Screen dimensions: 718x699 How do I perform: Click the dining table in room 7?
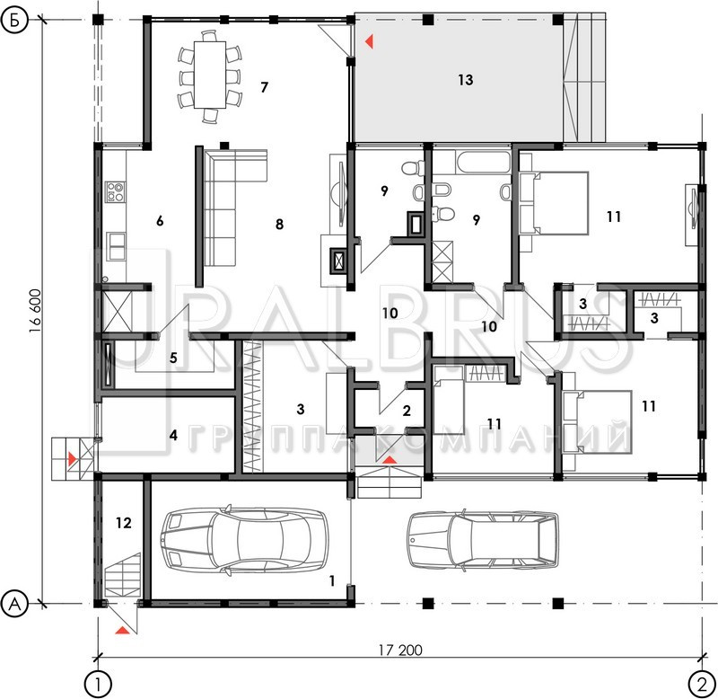coord(210,75)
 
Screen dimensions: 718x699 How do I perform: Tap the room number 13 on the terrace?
coord(465,80)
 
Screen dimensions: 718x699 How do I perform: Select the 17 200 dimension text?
coord(400,650)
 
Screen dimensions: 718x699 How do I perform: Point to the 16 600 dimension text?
coord(35,311)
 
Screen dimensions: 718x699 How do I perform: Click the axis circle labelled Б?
coord(15,21)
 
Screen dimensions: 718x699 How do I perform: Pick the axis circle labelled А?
coord(15,603)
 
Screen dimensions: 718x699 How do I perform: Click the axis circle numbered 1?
coord(98,686)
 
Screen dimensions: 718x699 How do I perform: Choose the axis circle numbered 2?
coord(702,686)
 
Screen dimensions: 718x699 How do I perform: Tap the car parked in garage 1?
coord(244,539)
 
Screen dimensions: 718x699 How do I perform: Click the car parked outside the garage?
coord(483,541)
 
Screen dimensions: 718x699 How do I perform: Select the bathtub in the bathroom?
coord(483,162)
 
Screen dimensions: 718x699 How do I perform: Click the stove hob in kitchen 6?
coord(115,191)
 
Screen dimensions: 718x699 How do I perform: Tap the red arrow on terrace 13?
coord(369,41)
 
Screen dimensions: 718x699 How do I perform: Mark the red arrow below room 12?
coord(122,630)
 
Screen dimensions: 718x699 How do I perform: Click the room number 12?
coord(123,523)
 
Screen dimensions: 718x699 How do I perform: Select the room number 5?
coord(173,358)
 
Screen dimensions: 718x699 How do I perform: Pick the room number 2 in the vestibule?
coord(407,411)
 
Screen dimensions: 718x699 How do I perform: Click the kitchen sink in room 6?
coord(117,246)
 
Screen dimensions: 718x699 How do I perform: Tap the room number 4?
coord(173,435)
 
